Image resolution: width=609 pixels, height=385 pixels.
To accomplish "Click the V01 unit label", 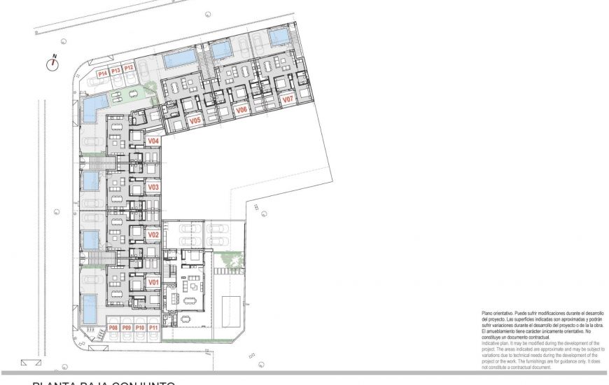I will (154, 282).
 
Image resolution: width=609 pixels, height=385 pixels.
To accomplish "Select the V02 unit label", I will (154, 234).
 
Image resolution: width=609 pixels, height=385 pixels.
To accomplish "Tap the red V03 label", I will (154, 188).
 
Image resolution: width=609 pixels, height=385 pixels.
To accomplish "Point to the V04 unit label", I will (154, 141).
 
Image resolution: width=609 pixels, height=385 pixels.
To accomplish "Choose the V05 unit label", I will (195, 121).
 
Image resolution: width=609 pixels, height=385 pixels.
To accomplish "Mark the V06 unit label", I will (241, 110).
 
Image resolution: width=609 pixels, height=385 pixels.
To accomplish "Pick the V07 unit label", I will (288, 100).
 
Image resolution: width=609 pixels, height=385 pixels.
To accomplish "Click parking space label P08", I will (113, 328).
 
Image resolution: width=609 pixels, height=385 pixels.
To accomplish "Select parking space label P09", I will (127, 328).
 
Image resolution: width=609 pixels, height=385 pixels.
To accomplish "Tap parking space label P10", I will (140, 328).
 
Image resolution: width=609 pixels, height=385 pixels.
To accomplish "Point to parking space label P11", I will (153, 328).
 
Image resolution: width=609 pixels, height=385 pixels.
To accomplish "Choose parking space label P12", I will (129, 68).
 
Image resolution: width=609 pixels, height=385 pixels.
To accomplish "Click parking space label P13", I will (115, 70).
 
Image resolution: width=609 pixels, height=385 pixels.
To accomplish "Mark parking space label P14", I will (102, 72).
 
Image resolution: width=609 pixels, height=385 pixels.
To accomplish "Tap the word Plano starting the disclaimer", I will (488, 312).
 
